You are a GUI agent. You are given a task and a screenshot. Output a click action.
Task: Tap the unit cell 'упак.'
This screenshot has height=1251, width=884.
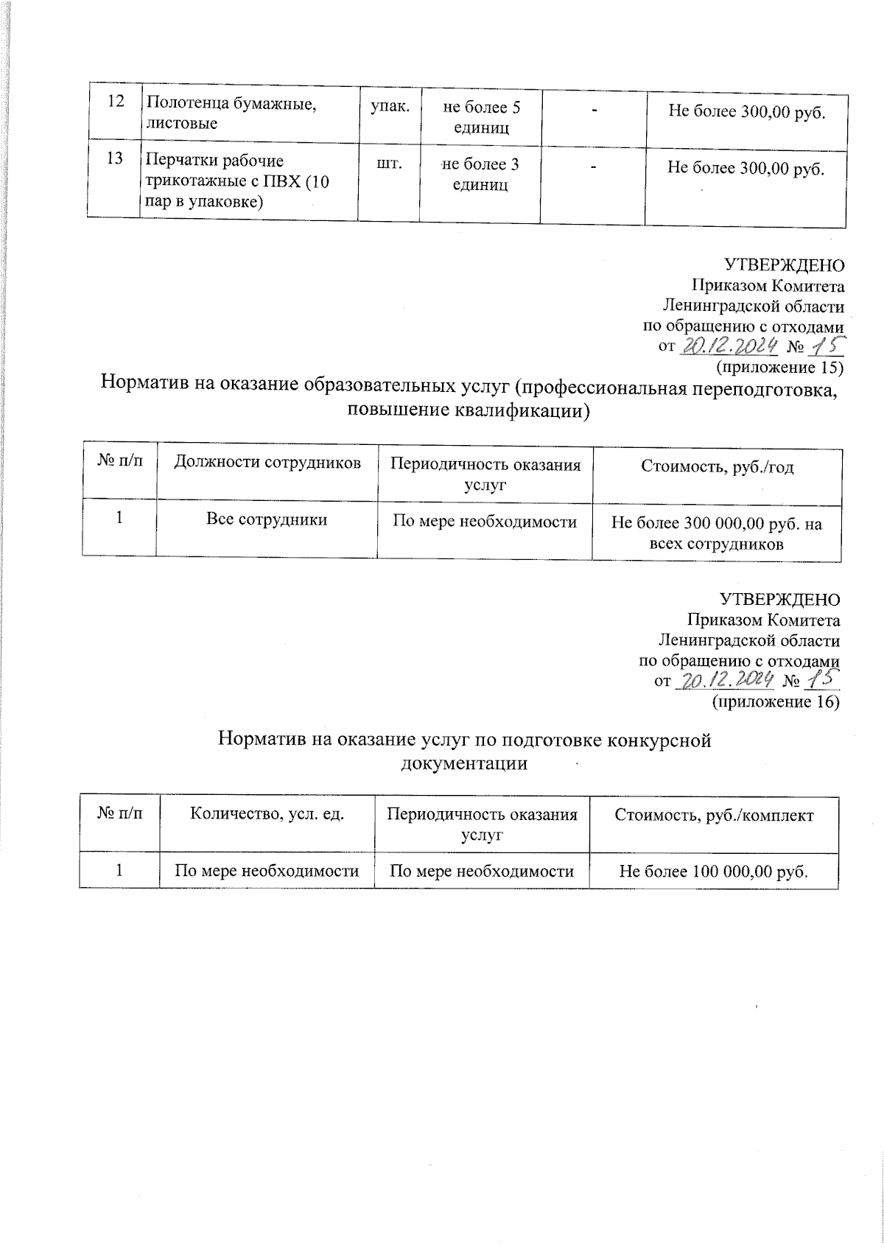coord(388,108)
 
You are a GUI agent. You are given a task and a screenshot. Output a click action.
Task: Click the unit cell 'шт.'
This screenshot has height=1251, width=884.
coord(389,164)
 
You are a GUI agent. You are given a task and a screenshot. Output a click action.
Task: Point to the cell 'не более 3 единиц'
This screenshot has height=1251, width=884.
coord(480,174)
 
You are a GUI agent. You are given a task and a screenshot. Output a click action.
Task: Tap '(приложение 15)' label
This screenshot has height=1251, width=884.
coord(779,366)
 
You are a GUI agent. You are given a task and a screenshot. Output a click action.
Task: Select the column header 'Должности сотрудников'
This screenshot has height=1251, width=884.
coord(267,463)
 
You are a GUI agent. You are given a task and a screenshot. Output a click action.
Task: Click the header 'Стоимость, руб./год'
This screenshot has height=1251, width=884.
coord(717,467)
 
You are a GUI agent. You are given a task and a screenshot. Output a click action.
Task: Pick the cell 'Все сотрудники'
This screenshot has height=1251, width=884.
coord(266,520)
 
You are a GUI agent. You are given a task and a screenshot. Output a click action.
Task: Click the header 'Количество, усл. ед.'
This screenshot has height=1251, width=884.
coord(267,815)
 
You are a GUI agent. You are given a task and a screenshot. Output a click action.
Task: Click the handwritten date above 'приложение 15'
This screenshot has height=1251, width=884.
coord(729,346)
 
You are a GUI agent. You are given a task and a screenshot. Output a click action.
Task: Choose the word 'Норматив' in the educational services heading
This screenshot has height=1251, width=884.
coord(143,383)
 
